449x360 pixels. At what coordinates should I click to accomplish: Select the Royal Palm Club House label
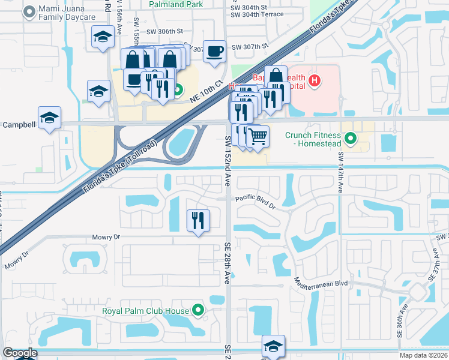[145, 310]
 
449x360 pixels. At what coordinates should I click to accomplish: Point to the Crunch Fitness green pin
[352, 139]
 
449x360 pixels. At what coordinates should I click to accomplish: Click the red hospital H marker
[313, 80]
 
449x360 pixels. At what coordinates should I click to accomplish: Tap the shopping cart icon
[258, 136]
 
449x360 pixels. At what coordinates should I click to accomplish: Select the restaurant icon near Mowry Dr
[198, 220]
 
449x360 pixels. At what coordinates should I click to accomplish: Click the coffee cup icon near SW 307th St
[214, 51]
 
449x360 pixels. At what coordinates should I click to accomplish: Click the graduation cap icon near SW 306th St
[103, 37]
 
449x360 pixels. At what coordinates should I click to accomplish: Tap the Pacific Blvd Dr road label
[255, 202]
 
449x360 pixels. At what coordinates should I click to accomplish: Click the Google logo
[20, 353]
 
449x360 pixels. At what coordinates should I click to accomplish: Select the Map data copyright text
[424, 355]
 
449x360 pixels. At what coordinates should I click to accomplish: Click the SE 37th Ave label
[435, 266]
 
